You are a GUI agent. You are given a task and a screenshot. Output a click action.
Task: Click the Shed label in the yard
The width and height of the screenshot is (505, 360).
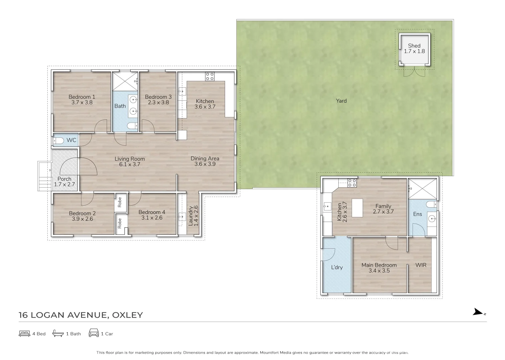pyautogui.click(x=414, y=46)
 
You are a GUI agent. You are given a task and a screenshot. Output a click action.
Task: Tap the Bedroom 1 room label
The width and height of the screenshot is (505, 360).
pyautogui.click(x=82, y=97)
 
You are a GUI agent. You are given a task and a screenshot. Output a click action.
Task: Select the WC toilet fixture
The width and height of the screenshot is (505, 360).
pyautogui.click(x=59, y=141)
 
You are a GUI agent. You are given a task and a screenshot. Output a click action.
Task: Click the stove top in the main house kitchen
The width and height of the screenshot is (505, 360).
pyautogui.click(x=210, y=76)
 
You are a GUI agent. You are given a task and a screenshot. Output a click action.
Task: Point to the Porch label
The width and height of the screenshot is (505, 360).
pyautogui.click(x=64, y=179)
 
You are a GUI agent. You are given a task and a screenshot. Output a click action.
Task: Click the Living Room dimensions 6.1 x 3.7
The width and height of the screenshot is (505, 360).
pyautogui.click(x=130, y=164)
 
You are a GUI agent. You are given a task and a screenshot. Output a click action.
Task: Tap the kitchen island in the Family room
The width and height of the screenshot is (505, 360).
pyautogui.click(x=357, y=208)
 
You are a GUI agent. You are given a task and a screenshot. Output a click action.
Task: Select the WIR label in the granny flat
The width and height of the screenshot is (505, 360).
pyautogui.click(x=421, y=265)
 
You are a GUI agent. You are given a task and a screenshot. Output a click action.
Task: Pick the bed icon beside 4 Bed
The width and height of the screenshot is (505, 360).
pyautogui.click(x=24, y=333)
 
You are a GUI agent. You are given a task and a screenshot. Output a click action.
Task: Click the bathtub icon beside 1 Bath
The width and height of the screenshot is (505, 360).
pyautogui.click(x=58, y=333)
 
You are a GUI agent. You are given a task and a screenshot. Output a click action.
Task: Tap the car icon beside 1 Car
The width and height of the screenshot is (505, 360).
pyautogui.click(x=94, y=333)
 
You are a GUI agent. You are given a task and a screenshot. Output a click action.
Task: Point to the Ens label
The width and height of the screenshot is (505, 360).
pyautogui.click(x=417, y=214)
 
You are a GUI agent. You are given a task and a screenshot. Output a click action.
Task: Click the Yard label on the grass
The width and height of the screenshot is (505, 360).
pyautogui.click(x=341, y=101)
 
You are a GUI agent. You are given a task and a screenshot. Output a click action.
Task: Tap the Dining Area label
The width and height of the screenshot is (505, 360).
pyautogui.click(x=205, y=158)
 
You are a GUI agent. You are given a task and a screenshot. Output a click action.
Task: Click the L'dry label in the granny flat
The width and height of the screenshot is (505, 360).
pyautogui.click(x=337, y=267)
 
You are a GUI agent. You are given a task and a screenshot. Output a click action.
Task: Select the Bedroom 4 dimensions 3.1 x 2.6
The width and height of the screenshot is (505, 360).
pyautogui.click(x=152, y=218)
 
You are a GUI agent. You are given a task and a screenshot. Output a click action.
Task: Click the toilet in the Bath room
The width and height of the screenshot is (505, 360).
pyautogui.click(x=132, y=126)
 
